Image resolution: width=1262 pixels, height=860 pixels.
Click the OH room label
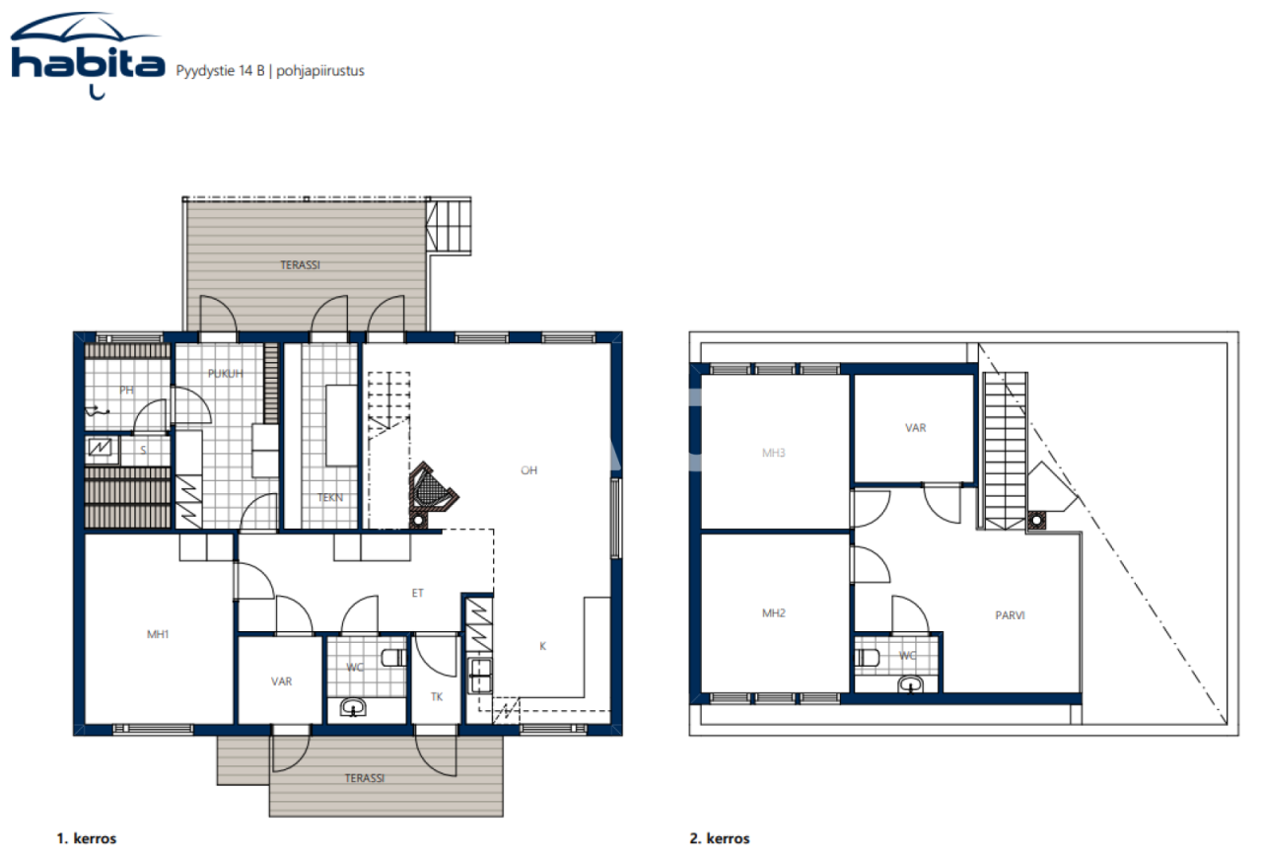pos(528,470)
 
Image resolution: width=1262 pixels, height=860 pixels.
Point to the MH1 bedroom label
pos(158,634)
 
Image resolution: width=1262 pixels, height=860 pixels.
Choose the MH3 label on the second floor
pos(774,454)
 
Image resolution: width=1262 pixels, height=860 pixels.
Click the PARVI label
pos(1010,614)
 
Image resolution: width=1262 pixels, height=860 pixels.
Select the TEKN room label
pos(330,498)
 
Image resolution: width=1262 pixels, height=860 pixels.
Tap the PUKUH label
pos(225,374)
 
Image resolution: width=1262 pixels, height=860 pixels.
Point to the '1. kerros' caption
pos(87,839)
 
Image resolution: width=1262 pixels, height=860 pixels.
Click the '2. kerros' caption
pos(720,839)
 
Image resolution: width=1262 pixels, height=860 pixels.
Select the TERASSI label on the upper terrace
pos(299,265)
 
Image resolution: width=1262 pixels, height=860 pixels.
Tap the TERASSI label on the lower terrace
pos(364,778)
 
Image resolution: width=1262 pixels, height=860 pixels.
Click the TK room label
pos(436,696)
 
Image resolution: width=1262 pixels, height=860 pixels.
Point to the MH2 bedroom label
pos(774,613)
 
